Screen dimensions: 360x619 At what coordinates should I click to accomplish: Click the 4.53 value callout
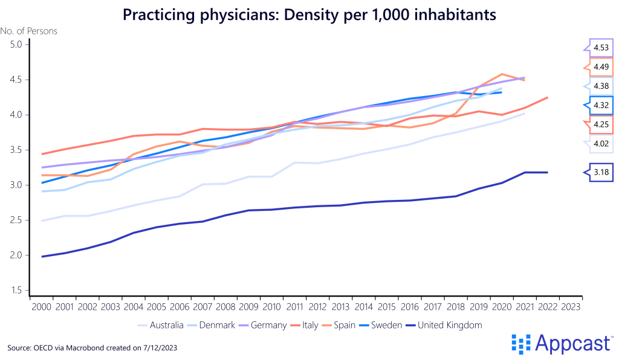coord(601,47)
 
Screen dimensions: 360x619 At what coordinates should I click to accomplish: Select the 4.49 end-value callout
coord(601,66)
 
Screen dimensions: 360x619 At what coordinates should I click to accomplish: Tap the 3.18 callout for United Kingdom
coord(601,173)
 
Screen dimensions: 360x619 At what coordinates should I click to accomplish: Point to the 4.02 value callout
coord(601,143)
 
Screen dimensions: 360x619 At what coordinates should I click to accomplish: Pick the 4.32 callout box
coord(601,105)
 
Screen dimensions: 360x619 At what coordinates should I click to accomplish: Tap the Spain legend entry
coord(343,325)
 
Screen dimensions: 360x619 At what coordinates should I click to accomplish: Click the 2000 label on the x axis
coord(41,307)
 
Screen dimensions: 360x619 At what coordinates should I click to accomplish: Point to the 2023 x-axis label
coord(571,307)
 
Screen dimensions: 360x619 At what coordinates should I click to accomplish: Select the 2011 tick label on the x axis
coord(294,307)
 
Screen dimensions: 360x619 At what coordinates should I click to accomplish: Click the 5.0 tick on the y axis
coord(16,45)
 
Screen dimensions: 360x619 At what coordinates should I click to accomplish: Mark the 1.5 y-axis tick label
coord(16,291)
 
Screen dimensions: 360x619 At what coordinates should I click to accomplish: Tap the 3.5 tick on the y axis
coord(16,150)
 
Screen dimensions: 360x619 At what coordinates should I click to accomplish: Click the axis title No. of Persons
coord(28,31)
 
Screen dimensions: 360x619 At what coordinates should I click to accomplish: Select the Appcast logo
coord(562,344)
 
